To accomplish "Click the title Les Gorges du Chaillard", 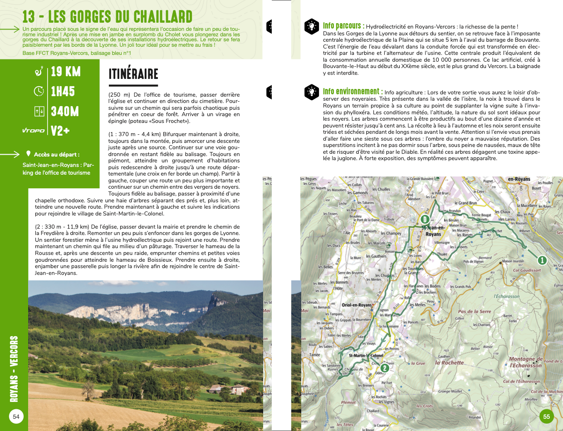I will (108, 17).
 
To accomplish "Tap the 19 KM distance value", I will (65, 72).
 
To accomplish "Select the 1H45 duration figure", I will (63, 91).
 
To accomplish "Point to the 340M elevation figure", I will (65, 111).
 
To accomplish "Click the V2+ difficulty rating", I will (60, 131).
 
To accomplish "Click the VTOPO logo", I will (34, 131).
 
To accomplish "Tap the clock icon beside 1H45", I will (39, 91).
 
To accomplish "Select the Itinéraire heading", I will (133, 74).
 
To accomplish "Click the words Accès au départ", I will (57, 155).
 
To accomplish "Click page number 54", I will (16, 416).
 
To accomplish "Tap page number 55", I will (546, 416).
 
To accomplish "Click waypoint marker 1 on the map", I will (541, 260).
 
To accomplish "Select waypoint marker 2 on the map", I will (384, 368).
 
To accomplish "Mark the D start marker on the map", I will (425, 220).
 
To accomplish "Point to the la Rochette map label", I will (449, 363).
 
